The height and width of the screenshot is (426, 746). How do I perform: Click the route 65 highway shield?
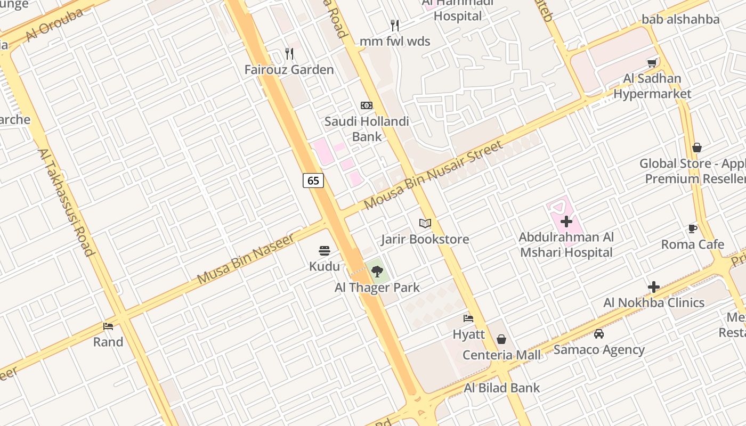click(x=313, y=181)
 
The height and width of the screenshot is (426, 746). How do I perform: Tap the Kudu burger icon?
click(x=324, y=251)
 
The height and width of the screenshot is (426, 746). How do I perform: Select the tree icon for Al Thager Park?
click(x=377, y=272)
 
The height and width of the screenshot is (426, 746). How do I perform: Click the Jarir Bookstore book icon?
click(x=425, y=223)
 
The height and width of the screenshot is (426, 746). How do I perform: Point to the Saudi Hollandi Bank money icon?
click(x=367, y=105)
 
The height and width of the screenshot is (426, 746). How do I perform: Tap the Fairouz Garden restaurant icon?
click(x=289, y=54)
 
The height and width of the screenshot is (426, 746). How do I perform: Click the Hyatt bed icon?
click(x=468, y=318)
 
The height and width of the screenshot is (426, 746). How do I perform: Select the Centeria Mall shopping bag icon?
click(x=501, y=339)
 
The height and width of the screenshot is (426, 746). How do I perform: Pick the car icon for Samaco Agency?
click(x=599, y=334)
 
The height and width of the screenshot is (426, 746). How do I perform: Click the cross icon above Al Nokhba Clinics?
click(x=654, y=287)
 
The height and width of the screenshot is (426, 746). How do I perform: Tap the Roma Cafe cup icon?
click(x=692, y=228)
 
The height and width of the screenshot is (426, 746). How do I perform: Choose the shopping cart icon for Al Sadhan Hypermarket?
click(x=652, y=63)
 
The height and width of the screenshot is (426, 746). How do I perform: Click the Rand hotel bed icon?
click(x=108, y=326)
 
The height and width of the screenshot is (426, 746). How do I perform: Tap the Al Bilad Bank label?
click(x=502, y=388)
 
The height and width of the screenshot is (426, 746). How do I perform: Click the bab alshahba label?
click(x=680, y=20)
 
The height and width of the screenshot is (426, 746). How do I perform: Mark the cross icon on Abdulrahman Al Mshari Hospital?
click(x=566, y=221)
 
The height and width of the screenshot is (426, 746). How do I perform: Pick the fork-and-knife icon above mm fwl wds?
click(x=395, y=26)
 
